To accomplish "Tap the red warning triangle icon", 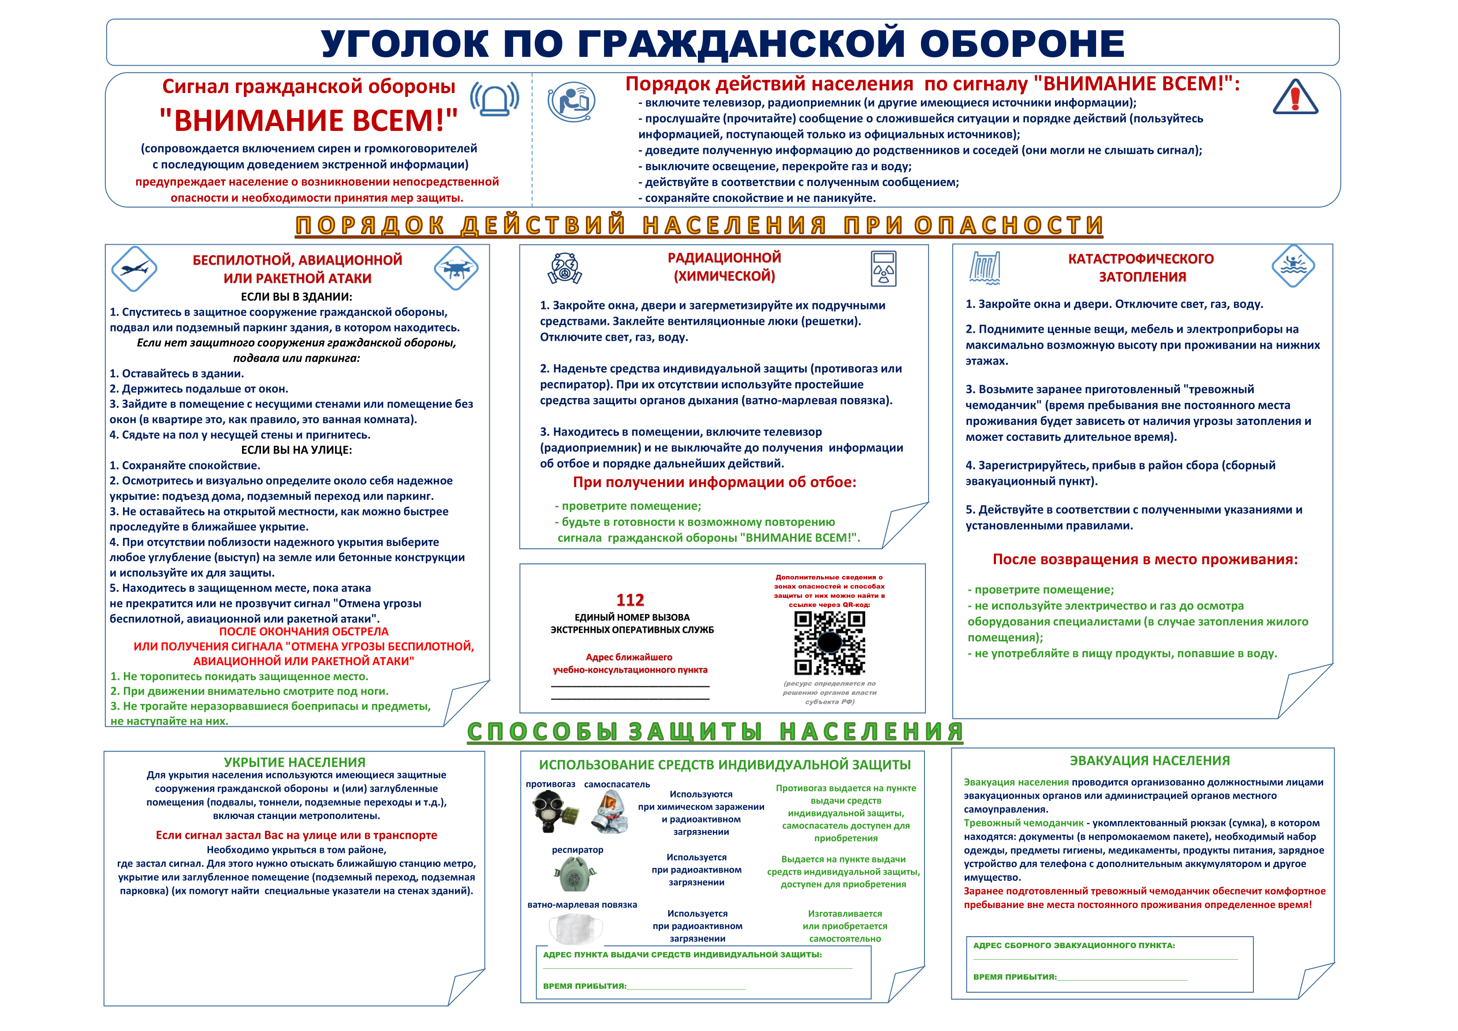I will [x=1295, y=98].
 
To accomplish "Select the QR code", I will [x=829, y=643].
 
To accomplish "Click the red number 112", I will [x=630, y=600].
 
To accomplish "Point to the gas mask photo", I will [x=554, y=811].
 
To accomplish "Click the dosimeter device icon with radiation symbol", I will [x=884, y=268].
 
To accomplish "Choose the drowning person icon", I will [x=1293, y=265].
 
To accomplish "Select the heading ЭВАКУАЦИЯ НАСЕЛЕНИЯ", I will [x=1149, y=760].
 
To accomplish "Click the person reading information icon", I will [x=571, y=100].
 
